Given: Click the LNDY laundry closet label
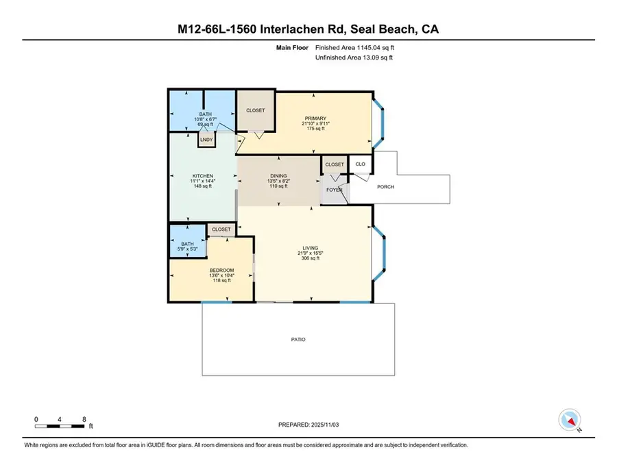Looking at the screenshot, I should (x=206, y=140).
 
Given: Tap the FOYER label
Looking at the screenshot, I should (x=335, y=190).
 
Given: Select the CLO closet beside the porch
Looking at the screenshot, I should (x=360, y=164).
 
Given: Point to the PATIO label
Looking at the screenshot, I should (x=298, y=339).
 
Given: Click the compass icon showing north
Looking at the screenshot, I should (x=570, y=419).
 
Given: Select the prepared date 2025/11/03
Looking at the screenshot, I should (x=308, y=425).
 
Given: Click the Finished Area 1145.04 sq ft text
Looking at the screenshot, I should (x=354, y=48).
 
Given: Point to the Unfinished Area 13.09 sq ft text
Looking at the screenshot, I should (x=354, y=58).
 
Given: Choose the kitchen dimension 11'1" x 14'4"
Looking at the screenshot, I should (x=203, y=181).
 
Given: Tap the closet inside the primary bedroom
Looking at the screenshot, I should (x=255, y=110).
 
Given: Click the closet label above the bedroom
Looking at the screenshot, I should (x=221, y=229).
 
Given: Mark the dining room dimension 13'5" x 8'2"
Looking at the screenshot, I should (x=278, y=181).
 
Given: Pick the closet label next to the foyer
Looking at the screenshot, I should (x=335, y=164).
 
